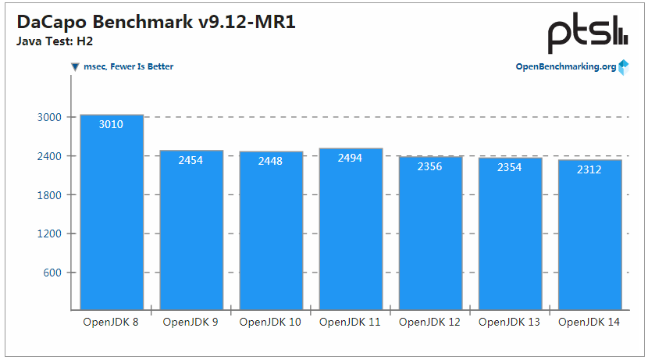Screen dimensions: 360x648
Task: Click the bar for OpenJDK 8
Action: click(112, 212)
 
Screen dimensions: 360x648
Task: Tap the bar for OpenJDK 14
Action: click(589, 234)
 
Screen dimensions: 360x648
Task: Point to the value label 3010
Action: click(112, 124)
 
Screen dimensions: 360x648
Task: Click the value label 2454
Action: click(191, 160)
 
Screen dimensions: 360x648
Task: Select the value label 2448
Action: click(271, 161)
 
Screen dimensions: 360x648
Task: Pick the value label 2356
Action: click(430, 166)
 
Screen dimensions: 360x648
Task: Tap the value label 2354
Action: click(510, 167)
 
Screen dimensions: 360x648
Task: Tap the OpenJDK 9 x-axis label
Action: click(191, 322)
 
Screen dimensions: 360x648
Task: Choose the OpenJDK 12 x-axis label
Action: click(430, 322)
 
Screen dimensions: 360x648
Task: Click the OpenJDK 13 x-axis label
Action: click(510, 322)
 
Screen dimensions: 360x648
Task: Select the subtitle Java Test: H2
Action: click(49, 41)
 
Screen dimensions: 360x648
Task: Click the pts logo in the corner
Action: click(586, 34)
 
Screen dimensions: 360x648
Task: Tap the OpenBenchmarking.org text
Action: click(565, 67)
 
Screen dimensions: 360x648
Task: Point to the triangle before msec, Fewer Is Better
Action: click(75, 67)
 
